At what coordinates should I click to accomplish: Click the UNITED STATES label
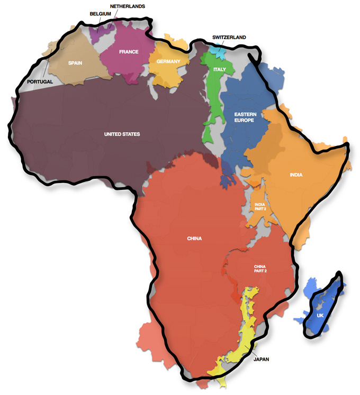click(x=122, y=134)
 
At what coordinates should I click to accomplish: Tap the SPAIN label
click(x=75, y=63)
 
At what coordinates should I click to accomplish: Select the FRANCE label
click(x=129, y=52)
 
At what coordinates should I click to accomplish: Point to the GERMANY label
click(x=168, y=61)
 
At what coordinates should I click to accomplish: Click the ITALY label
click(x=220, y=70)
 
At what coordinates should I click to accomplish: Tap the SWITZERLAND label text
click(x=229, y=37)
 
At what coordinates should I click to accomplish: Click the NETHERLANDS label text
click(x=127, y=6)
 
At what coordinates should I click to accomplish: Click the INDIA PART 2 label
click(x=259, y=207)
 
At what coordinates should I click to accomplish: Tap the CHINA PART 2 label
click(x=260, y=269)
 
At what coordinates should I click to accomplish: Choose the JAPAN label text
click(x=260, y=360)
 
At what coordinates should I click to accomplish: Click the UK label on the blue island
click(x=320, y=316)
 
